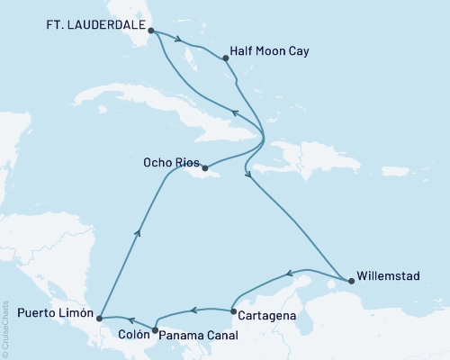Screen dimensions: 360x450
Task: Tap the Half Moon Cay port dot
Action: click(x=224, y=58)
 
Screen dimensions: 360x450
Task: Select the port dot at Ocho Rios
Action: click(x=205, y=167)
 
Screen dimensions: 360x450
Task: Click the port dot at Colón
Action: click(x=155, y=330)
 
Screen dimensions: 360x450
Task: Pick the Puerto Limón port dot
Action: click(x=99, y=318)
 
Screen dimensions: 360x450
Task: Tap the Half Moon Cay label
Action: click(x=270, y=51)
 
